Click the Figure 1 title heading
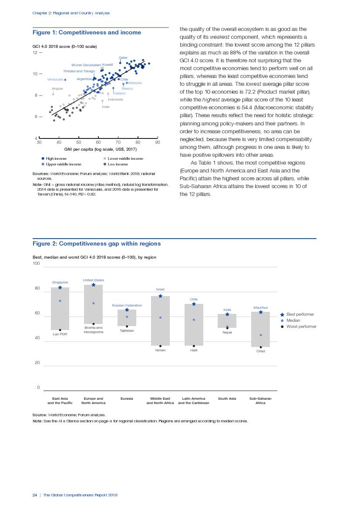coord(87,33)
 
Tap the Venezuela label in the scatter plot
coord(55,80)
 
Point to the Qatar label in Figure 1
coord(123,58)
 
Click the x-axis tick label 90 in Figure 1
coord(157,142)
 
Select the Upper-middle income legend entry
coord(63,165)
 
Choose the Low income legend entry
coord(118,165)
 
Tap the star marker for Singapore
coord(60,287)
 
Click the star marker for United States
coord(94,285)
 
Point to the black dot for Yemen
coord(160,346)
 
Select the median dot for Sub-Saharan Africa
coord(260,335)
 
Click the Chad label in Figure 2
coord(260,351)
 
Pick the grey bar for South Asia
coord(227,321)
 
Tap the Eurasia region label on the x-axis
coord(127,398)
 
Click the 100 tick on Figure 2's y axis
coord(36,263)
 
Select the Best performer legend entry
coord(299,314)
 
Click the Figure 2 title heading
coord(97,244)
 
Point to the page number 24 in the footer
coord(34,495)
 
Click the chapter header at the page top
coord(71,13)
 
